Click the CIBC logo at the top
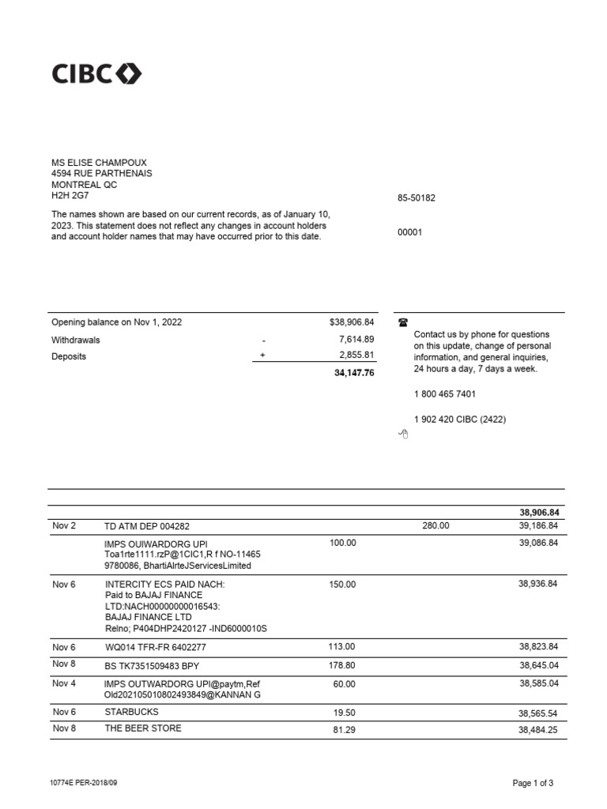[x=96, y=74]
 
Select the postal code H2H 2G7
[x=71, y=195]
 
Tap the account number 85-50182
[x=416, y=198]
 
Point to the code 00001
[x=409, y=233]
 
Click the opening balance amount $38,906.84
[x=351, y=323]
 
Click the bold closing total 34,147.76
[x=353, y=373]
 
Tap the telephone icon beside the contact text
[x=403, y=322]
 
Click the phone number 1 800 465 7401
[x=444, y=394]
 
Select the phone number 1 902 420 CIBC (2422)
[x=459, y=420]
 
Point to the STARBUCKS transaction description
[x=131, y=712]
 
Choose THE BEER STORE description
[x=143, y=728]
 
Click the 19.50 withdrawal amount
[x=345, y=713]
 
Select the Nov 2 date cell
[x=64, y=525]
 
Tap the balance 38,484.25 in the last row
[x=537, y=730]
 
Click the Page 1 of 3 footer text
[x=533, y=784]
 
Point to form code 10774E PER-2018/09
[x=89, y=783]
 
